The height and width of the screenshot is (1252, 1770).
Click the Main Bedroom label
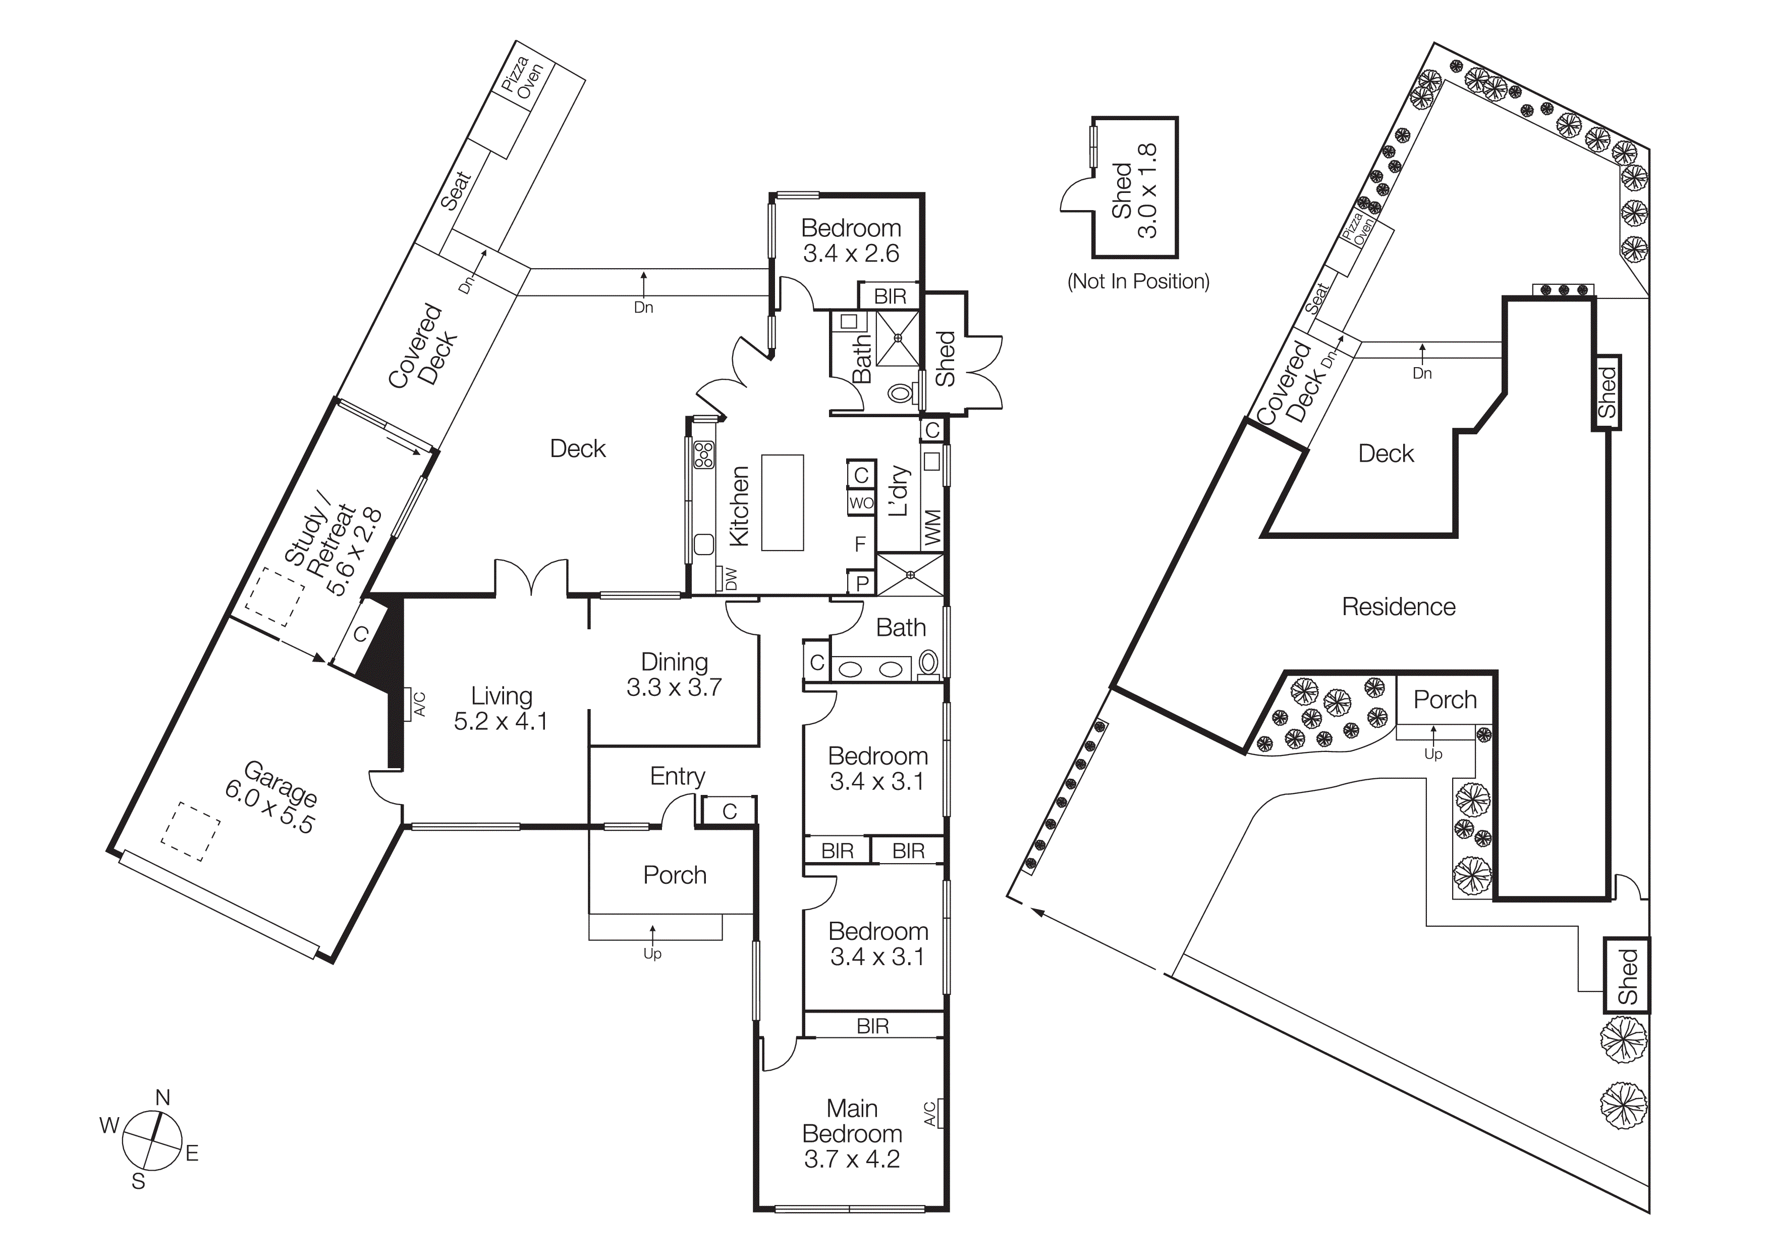click(852, 1133)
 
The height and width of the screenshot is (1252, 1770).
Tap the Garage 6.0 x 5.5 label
click(270, 797)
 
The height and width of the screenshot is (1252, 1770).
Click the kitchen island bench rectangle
click(783, 502)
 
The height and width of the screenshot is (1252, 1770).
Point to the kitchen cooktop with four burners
click(703, 455)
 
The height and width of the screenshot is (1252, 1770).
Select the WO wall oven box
click(861, 503)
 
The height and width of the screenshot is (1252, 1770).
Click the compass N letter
click(162, 1097)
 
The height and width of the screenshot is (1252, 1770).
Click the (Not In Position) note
click(1138, 282)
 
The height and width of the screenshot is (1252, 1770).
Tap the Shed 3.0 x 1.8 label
click(1135, 190)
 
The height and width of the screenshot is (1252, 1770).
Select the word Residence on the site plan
click(1399, 607)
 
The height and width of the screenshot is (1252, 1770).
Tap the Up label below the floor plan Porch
click(652, 954)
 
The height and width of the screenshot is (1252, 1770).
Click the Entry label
click(677, 776)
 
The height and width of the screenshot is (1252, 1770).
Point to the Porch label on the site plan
click(1445, 699)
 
